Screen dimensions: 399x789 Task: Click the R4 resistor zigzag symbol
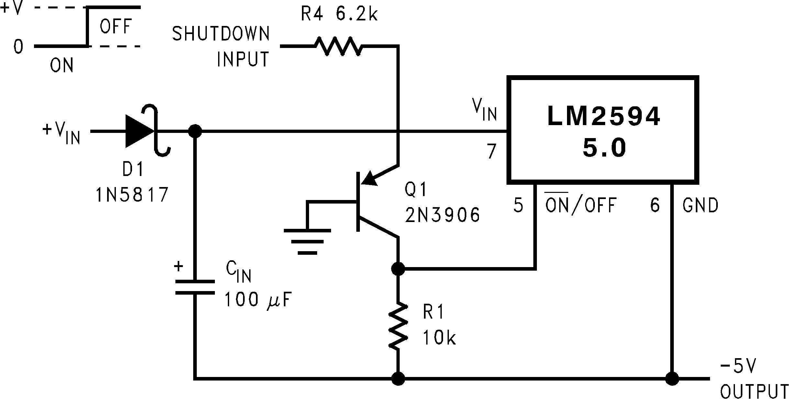pos(339,47)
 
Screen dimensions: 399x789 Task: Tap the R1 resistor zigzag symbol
pos(398,326)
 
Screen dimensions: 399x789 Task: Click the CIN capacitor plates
pos(195,287)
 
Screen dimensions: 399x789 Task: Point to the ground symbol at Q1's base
pos(307,241)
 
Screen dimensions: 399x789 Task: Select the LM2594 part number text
pos(603,117)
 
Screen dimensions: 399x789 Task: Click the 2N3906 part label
pos(442,215)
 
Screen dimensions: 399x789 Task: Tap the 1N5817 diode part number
pos(132,195)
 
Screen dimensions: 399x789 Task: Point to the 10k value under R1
pos(439,338)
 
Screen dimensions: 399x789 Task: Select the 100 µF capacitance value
pos(258,300)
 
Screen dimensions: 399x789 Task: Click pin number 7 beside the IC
pos(491,152)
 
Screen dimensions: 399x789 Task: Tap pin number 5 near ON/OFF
pos(518,205)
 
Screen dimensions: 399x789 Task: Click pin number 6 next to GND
pos(655,205)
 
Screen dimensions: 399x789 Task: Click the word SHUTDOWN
pos(221,34)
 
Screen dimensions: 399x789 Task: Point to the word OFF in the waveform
pos(116,27)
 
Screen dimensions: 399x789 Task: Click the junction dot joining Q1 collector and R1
pos(398,269)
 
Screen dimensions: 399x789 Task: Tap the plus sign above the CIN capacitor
pos(178,267)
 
